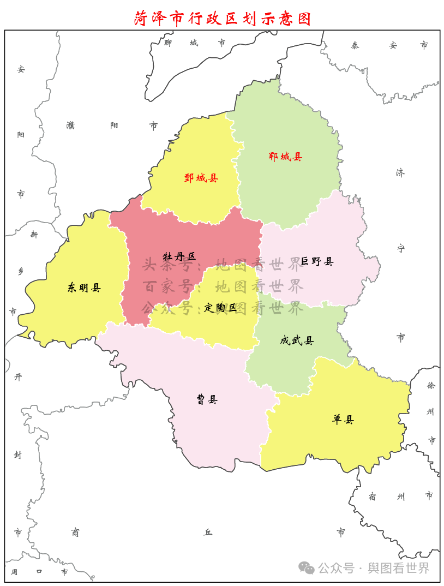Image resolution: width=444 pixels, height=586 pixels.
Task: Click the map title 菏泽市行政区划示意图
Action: [223, 18]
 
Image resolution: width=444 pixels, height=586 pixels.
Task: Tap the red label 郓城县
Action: [285, 157]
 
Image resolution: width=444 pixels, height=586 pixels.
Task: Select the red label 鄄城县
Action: [201, 177]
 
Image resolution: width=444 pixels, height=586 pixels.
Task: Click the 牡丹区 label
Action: [179, 256]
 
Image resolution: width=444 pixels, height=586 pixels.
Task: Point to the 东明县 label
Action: [84, 288]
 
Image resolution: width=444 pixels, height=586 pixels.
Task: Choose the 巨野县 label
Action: [317, 261]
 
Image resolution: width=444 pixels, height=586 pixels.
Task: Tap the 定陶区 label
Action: [220, 308]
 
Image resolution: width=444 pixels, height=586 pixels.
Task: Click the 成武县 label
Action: [297, 340]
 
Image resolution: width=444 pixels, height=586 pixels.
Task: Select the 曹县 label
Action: [207, 399]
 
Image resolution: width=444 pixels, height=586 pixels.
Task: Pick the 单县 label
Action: [343, 419]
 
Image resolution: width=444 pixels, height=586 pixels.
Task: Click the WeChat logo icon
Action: [306, 568]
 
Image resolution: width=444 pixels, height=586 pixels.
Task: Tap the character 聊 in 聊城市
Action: [168, 43]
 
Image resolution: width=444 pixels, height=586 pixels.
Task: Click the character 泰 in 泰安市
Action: [355, 45]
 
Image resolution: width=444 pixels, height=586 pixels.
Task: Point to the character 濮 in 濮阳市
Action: [70, 125]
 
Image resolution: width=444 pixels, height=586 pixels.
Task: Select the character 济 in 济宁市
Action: [400, 173]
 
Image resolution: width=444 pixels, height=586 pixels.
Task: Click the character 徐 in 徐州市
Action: [431, 385]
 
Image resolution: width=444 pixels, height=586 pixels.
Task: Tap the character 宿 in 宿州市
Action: [372, 496]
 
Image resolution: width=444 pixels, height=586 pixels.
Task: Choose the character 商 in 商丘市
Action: [75, 532]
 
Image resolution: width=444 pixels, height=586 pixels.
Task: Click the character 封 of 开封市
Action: [17, 455]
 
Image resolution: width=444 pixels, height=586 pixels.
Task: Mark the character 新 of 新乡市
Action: [34, 234]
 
